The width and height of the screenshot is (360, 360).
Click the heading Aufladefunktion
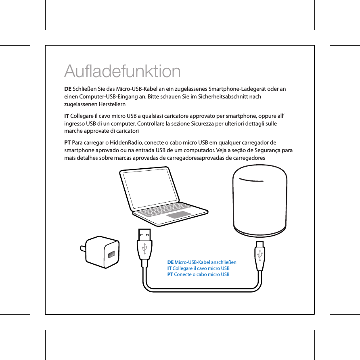(x=122, y=71)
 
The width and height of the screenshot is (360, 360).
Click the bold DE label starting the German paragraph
(x=68, y=89)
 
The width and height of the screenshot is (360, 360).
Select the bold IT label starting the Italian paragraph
(x=67, y=116)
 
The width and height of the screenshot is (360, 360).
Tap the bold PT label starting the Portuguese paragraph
(x=67, y=143)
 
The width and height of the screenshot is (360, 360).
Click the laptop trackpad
(x=178, y=215)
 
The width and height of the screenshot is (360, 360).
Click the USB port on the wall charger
(x=111, y=255)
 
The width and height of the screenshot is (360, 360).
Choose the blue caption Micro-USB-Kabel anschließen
(x=202, y=262)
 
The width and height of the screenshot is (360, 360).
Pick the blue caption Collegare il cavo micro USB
(x=199, y=268)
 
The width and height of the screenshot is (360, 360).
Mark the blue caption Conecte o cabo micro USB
(x=199, y=274)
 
